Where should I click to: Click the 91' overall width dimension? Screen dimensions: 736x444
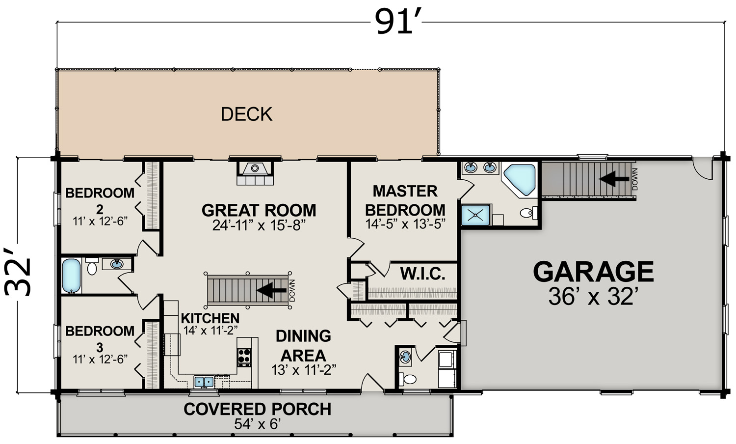pyautogui.click(x=398, y=22)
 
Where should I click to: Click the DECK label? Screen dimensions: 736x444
pyautogui.click(x=246, y=114)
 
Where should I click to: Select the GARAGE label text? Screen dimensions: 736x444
pyautogui.click(x=593, y=272)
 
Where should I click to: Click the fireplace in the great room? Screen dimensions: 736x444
pyautogui.click(x=255, y=173)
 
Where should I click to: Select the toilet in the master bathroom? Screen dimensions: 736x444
pyautogui.click(x=528, y=213)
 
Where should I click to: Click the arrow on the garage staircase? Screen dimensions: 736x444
pyautogui.click(x=614, y=179)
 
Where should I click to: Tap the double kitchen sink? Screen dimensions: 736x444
pyautogui.click(x=204, y=382)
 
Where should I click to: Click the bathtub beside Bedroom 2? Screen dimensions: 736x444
pyautogui.click(x=71, y=276)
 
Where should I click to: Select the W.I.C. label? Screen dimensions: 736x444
pyautogui.click(x=422, y=273)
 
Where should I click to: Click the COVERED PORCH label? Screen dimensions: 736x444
pyautogui.click(x=257, y=409)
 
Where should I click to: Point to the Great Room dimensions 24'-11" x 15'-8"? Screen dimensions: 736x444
pyautogui.click(x=259, y=225)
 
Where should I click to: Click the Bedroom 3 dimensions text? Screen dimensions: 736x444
pyautogui.click(x=100, y=359)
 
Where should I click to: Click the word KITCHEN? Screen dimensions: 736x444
pyautogui.click(x=210, y=318)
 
